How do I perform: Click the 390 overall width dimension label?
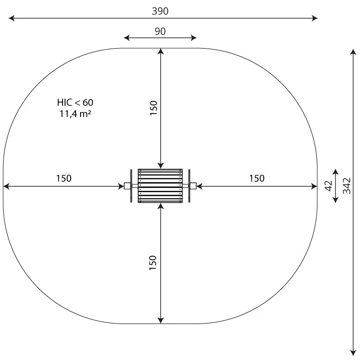[x=160, y=11]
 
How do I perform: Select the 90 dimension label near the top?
[x=160, y=31]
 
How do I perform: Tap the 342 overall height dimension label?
[x=346, y=185]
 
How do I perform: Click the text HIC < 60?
[x=75, y=102]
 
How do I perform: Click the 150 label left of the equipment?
[x=63, y=178]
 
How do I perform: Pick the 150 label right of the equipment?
[x=257, y=178]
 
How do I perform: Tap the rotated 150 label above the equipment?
[x=153, y=108]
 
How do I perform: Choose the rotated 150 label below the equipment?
[x=153, y=263]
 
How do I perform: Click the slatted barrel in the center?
[x=161, y=186]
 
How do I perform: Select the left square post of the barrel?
[x=127, y=186]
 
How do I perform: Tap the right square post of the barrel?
[x=193, y=186]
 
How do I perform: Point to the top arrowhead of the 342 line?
[x=353, y=51]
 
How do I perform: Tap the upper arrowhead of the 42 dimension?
[x=335, y=171]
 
